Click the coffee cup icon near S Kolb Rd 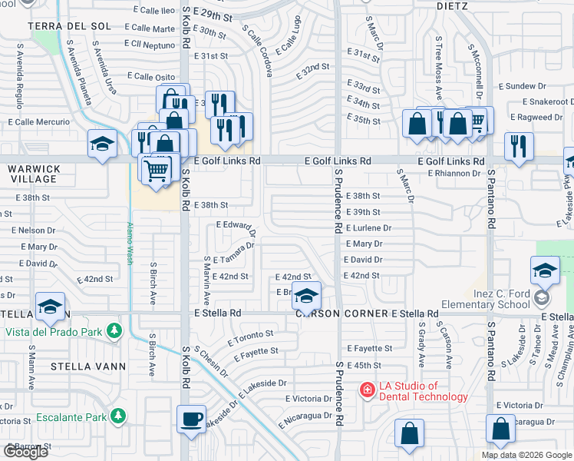click(x=191, y=420)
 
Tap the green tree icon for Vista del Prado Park click(x=114, y=331)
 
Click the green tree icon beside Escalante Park click(x=117, y=416)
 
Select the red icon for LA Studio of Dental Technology click(x=368, y=391)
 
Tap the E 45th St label click(x=364, y=365)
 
